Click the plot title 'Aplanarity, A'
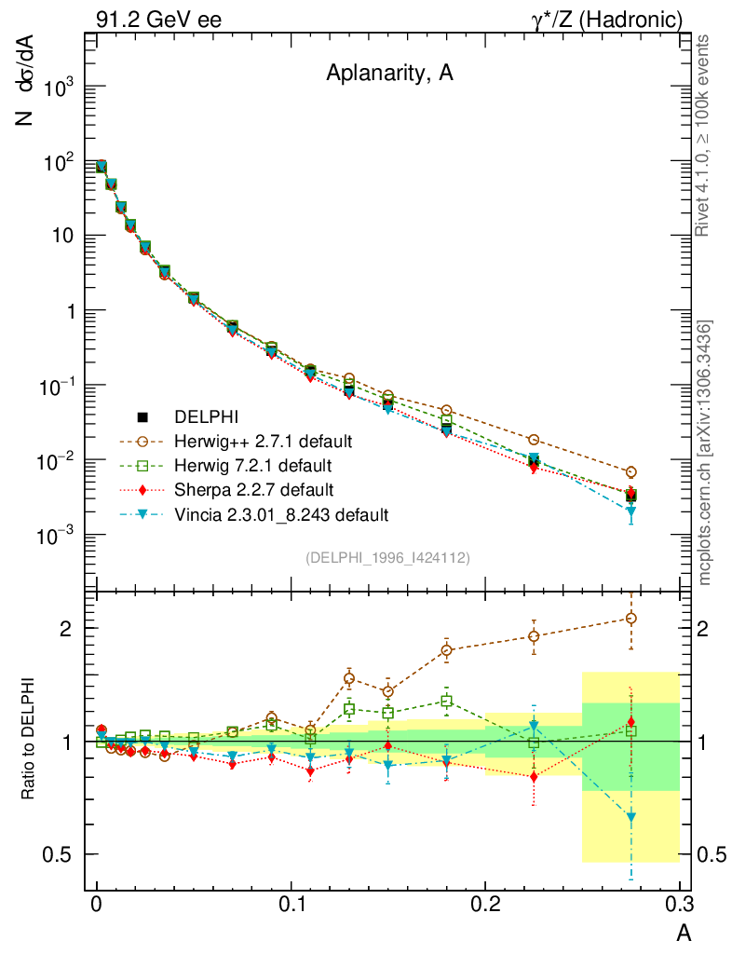pyautogui.click(x=389, y=75)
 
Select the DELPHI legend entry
pyautogui.click(x=207, y=416)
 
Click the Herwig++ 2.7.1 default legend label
pyautogui.click(x=263, y=441)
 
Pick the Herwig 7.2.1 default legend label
pyautogui.click(x=252, y=465)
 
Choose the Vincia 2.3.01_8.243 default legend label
pyautogui.click(x=281, y=513)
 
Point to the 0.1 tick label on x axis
pyautogui.click(x=291, y=906)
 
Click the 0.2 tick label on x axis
pyautogui.click(x=485, y=906)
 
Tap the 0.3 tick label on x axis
pyautogui.click(x=679, y=906)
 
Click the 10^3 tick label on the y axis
pyautogui.click(x=58, y=88)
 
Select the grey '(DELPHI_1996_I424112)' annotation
pyautogui.click(x=386, y=557)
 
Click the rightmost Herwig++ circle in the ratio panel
pyautogui.click(x=631, y=618)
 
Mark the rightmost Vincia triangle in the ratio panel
pyautogui.click(x=631, y=817)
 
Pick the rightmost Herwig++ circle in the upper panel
pyautogui.click(x=631, y=472)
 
